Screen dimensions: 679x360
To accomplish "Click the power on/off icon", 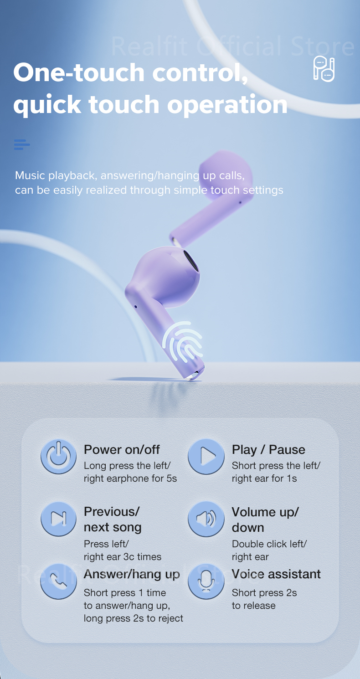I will tap(59, 456).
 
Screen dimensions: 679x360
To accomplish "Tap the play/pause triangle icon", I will tap(206, 456).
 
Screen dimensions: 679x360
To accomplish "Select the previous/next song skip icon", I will tap(59, 519).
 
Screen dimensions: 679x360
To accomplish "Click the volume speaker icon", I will tap(206, 519).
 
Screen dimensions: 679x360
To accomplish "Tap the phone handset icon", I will tap(59, 581).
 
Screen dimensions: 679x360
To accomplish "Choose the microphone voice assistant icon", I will tap(206, 581).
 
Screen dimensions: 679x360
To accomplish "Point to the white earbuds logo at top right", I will tap(324, 69).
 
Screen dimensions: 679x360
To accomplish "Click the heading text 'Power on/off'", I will tap(122, 450).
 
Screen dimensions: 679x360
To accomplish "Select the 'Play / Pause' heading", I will tap(268, 450).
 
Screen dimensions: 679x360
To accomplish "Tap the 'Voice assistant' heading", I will tap(276, 574).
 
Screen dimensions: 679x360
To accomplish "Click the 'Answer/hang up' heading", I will tap(132, 574).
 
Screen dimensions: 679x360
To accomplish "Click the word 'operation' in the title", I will tap(227, 105).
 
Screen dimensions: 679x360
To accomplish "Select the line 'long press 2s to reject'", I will tap(134, 618).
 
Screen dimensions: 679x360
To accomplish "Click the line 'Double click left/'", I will tap(269, 544).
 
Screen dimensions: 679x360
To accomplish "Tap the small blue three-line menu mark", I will tap(21, 145).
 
